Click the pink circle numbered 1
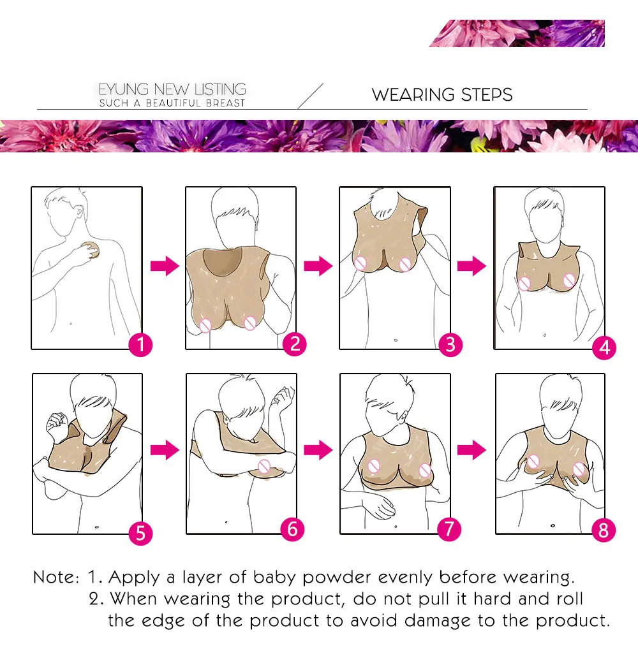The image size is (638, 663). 140,345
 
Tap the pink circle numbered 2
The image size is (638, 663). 295,344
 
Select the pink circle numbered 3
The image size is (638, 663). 450,345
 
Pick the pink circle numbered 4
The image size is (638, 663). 604,347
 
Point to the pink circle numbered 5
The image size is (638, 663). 140,533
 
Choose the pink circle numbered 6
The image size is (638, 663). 292,529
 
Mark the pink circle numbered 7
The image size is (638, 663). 449,529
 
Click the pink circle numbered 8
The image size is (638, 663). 604,530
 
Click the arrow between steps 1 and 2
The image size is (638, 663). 165,266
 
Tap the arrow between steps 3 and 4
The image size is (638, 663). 471,266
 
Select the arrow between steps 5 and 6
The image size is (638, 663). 165,449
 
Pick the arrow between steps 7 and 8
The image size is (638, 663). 471,449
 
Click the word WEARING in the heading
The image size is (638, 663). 414,95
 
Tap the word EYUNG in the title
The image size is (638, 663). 124,89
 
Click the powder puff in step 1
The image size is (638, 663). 91,250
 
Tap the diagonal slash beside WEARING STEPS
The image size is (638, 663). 311,96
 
